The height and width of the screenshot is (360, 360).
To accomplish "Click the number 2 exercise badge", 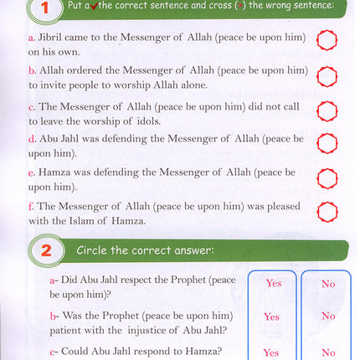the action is pyautogui.click(x=47, y=249).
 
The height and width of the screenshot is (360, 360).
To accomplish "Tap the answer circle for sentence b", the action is pyautogui.click(x=327, y=78).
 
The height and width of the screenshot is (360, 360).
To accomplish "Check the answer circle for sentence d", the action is pyautogui.click(x=327, y=143).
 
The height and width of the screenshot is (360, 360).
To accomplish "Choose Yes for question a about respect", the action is pyautogui.click(x=273, y=284).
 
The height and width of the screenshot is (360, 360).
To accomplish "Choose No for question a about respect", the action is pyautogui.click(x=328, y=284).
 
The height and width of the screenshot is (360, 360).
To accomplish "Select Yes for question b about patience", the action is pyautogui.click(x=271, y=317).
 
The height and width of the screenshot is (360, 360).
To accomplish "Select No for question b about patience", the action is pyautogui.click(x=328, y=316).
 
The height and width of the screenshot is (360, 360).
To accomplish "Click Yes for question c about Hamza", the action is pyautogui.click(x=270, y=352).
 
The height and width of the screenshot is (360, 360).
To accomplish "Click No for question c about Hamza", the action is pyautogui.click(x=328, y=352).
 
